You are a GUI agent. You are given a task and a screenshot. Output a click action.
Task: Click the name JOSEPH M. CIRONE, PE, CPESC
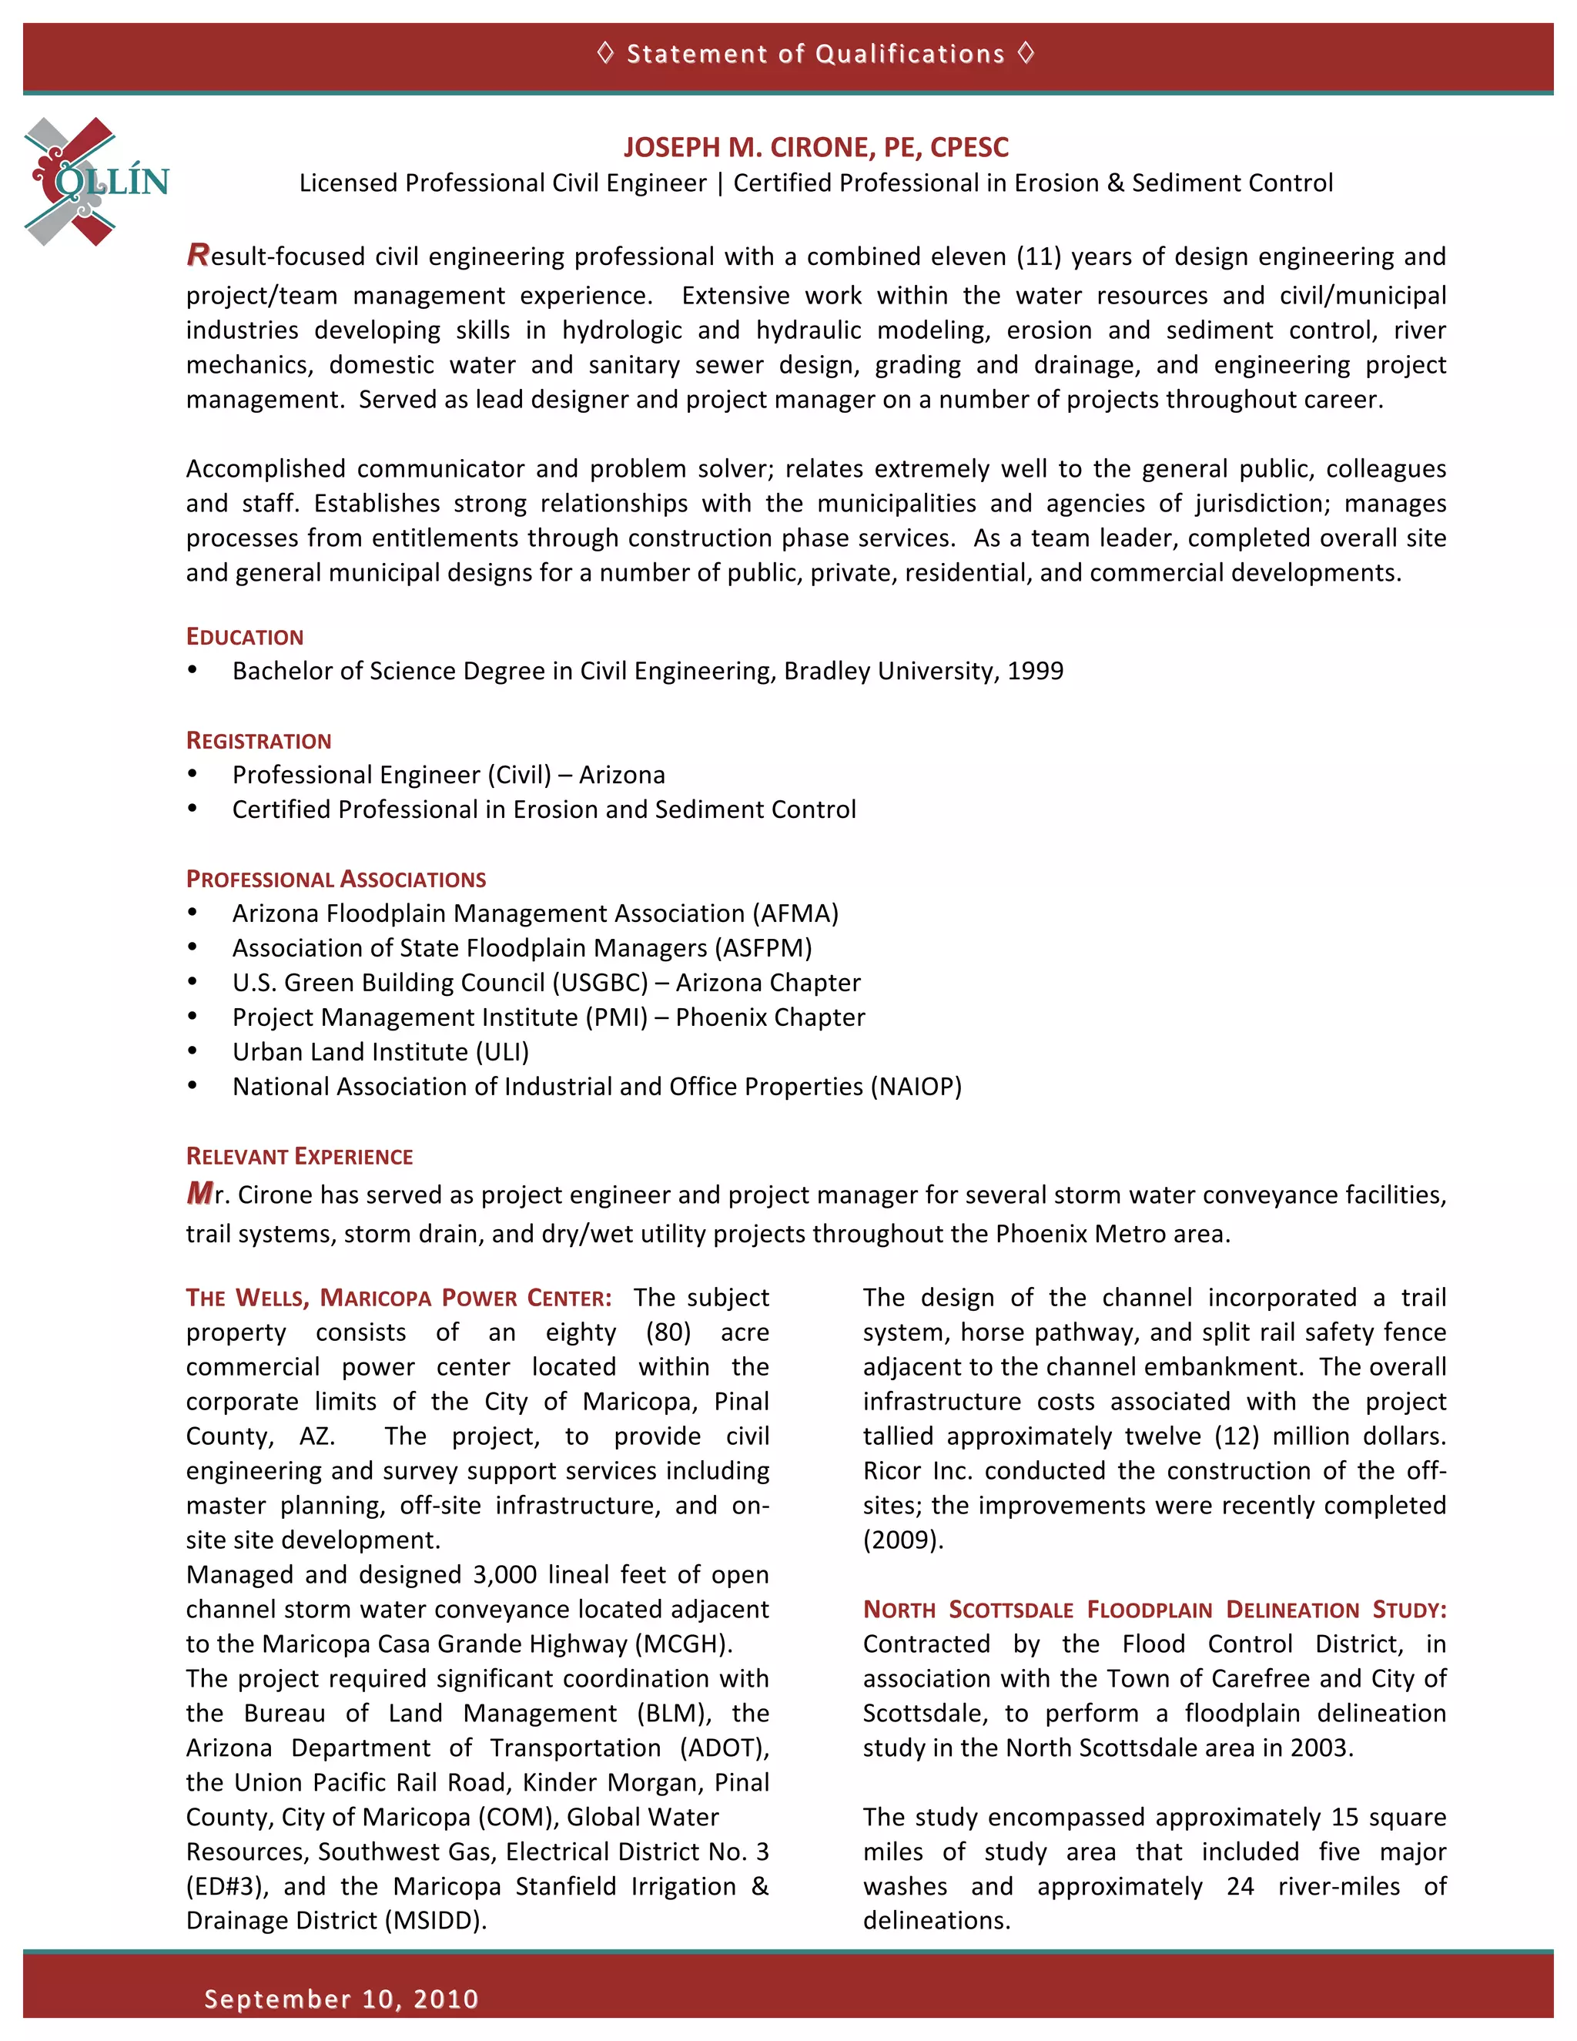[x=815, y=148]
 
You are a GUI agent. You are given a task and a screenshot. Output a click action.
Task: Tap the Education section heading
[x=245, y=638]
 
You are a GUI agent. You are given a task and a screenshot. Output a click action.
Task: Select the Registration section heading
[x=259, y=741]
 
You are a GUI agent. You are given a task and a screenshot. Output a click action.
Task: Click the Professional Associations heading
[x=336, y=880]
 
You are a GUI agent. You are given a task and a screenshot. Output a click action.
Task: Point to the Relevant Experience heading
[x=299, y=1157]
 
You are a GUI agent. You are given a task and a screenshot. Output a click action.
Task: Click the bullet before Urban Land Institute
[x=193, y=1051]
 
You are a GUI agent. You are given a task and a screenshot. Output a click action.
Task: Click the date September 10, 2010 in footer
[x=341, y=1999]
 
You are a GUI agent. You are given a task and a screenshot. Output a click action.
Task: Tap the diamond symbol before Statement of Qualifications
[x=604, y=53]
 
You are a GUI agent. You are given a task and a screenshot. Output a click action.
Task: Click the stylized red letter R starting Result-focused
[x=197, y=254]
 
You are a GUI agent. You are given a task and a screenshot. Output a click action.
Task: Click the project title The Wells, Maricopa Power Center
[x=398, y=1298]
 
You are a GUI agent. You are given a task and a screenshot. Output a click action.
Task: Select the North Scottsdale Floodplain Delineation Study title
[x=1153, y=1610]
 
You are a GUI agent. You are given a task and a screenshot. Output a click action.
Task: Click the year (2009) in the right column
[x=902, y=1540]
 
